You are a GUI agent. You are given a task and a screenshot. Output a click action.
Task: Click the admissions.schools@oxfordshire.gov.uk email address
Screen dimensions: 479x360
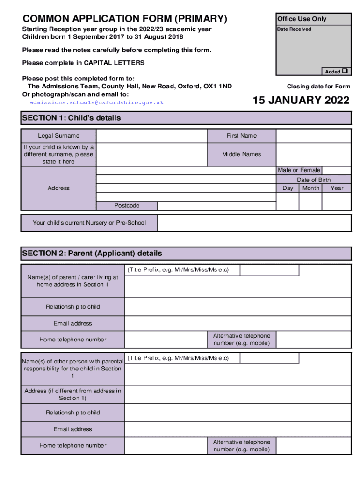pyautogui.click(x=96, y=102)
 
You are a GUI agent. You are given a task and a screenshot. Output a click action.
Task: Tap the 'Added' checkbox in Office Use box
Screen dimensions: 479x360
pyautogui.click(x=345, y=72)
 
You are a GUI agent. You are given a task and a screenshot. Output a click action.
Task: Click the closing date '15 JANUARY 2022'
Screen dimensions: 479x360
pyautogui.click(x=301, y=101)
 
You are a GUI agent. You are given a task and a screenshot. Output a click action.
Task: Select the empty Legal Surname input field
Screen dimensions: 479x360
pyautogui.click(x=151, y=136)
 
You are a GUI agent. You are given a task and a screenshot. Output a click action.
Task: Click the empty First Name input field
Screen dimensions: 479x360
pyautogui.click(x=313, y=136)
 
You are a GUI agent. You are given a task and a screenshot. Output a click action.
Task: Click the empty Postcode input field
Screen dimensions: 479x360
pyautogui.click(x=216, y=206)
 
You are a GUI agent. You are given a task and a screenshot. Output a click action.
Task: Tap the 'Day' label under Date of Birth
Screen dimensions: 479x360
pyautogui.click(x=288, y=188)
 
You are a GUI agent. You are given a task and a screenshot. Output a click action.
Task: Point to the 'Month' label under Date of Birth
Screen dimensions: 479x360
pyautogui.click(x=310, y=188)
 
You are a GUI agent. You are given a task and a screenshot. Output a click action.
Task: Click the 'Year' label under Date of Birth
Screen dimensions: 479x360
pyautogui.click(x=337, y=188)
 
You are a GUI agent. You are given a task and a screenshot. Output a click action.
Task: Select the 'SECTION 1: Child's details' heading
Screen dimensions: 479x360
pyautogui.click(x=72, y=118)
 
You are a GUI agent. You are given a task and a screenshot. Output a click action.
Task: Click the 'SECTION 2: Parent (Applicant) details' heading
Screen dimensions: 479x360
pyautogui.click(x=92, y=253)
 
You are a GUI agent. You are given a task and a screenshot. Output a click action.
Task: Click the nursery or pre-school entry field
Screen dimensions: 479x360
pyautogui.click(x=254, y=223)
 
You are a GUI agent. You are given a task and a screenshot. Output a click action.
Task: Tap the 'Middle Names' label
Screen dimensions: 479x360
pyautogui.click(x=241, y=154)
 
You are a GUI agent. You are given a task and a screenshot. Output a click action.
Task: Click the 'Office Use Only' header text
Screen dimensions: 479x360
pyautogui.click(x=302, y=19)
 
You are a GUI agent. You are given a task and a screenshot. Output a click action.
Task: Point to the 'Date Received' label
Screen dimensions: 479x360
pyautogui.click(x=294, y=29)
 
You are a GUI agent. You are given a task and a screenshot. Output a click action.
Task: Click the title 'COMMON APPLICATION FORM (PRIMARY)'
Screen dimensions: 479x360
pyautogui.click(x=125, y=19)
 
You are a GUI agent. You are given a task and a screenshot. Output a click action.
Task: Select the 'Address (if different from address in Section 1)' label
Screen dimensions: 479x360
pyautogui.click(x=72, y=394)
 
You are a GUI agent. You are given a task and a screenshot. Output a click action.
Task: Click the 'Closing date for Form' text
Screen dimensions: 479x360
pyautogui.click(x=318, y=87)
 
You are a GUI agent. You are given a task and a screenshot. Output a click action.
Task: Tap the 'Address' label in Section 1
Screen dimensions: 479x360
pyautogui.click(x=58, y=188)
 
